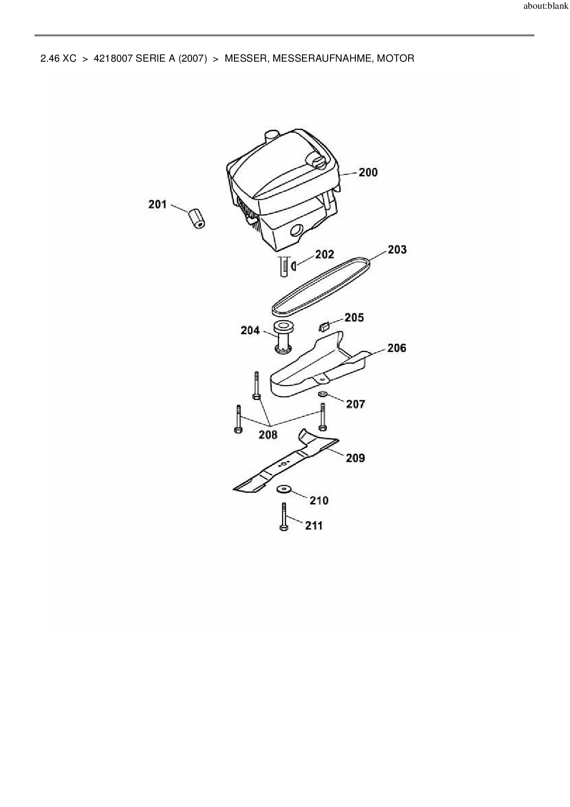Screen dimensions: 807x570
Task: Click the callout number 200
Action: click(x=368, y=173)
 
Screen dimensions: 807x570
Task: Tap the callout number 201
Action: click(x=157, y=204)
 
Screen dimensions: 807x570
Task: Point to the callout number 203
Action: click(x=397, y=249)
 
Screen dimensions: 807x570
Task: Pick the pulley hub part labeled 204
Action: click(x=284, y=338)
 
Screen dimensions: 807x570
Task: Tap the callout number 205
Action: click(x=354, y=317)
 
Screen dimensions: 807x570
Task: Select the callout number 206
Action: click(x=396, y=348)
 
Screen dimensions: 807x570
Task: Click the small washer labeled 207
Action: click(x=323, y=394)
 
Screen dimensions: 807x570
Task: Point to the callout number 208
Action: click(x=268, y=434)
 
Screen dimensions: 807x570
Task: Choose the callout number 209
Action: click(x=355, y=458)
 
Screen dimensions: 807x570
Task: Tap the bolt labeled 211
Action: click(x=284, y=518)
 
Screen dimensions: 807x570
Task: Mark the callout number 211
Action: click(x=314, y=525)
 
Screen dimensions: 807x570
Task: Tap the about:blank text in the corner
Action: click(x=546, y=7)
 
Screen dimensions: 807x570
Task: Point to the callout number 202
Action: click(x=325, y=254)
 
